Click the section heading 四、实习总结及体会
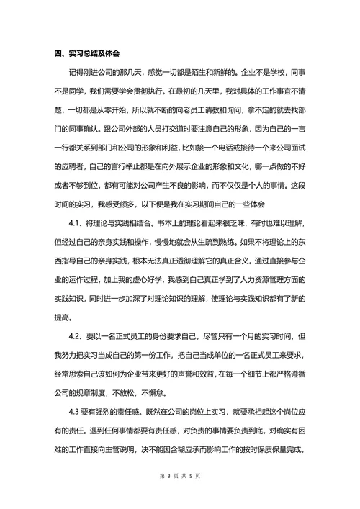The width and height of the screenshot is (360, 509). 87,53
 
